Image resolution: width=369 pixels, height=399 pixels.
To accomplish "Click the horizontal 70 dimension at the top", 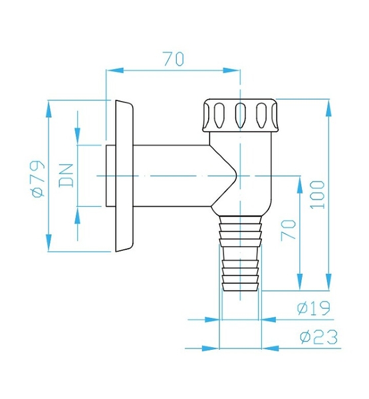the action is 174,59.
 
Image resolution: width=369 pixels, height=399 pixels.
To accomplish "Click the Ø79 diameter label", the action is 39,179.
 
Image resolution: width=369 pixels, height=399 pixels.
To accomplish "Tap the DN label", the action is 66,176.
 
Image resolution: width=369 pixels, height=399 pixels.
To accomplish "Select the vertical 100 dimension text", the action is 317,195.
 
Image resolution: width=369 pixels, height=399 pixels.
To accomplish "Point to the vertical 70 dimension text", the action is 289,230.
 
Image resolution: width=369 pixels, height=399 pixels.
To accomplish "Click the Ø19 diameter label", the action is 314,308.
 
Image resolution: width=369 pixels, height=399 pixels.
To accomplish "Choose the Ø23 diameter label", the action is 319,336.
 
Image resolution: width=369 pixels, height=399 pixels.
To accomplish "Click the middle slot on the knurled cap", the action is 240,115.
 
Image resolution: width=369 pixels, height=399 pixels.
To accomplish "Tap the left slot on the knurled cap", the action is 219,115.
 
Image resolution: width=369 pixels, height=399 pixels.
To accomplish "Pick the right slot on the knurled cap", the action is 261,115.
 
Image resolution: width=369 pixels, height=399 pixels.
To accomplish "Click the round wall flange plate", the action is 124,176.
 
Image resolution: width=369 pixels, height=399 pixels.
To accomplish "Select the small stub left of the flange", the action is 110,176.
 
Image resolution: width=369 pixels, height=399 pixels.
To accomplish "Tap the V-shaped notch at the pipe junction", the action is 224,176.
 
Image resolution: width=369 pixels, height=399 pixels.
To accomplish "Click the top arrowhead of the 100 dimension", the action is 329,108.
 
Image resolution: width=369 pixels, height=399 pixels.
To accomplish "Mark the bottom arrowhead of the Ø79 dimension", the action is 49,243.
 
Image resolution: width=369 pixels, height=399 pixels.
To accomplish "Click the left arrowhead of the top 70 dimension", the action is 114,70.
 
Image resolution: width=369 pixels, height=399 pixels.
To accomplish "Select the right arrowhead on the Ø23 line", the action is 270,348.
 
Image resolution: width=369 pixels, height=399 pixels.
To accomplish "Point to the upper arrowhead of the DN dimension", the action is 77,136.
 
